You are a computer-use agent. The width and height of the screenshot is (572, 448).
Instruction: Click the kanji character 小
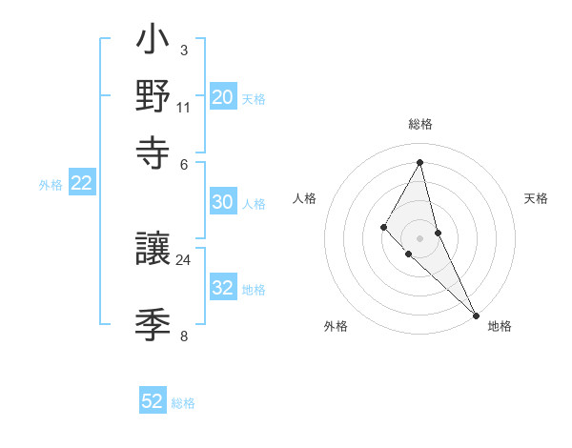[x=153, y=44]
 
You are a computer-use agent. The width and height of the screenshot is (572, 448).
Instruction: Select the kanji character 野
[x=153, y=96]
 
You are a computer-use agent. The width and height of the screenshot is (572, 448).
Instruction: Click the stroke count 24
[x=184, y=258]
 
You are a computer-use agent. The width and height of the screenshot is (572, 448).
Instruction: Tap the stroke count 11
[x=184, y=107]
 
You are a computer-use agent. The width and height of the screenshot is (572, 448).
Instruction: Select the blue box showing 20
[x=223, y=97]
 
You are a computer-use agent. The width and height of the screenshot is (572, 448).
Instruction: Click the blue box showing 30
[x=223, y=202]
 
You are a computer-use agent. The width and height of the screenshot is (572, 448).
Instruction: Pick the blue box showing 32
[x=223, y=288]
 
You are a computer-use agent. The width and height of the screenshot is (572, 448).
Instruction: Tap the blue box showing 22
[x=82, y=184]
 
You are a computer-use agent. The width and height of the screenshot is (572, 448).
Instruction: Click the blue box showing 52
[x=153, y=401]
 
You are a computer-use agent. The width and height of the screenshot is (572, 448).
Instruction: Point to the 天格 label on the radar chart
[x=537, y=198]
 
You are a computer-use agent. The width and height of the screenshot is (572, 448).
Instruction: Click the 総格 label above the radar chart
[x=420, y=124]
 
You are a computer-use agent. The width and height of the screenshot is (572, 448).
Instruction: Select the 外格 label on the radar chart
[x=336, y=326]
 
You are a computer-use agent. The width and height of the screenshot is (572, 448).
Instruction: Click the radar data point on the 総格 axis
[x=420, y=161]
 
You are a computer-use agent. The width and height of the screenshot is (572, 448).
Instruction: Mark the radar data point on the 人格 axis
[x=383, y=226]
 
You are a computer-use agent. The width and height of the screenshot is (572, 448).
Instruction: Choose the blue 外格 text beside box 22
[x=51, y=185]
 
